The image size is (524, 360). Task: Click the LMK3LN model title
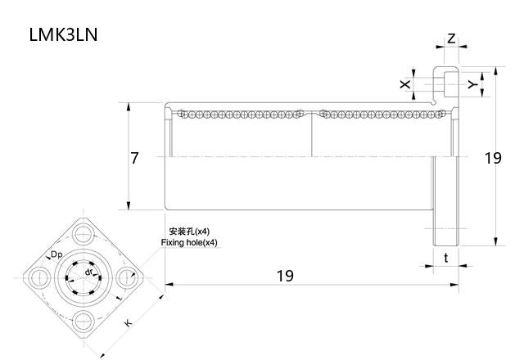pyautogui.click(x=64, y=37)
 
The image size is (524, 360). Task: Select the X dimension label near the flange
pyautogui.click(x=404, y=84)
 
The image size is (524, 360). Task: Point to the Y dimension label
pyautogui.click(x=472, y=84)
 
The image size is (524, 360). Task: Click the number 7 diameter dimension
pyautogui.click(x=135, y=158)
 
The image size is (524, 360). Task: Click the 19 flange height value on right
pyautogui.click(x=492, y=158)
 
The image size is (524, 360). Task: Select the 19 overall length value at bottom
pyautogui.click(x=285, y=276)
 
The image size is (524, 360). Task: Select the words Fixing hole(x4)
pyautogui.click(x=189, y=243)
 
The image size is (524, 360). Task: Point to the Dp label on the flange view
pyautogui.click(x=57, y=255)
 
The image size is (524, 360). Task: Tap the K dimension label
pyautogui.click(x=128, y=324)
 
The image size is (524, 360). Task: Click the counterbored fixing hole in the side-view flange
pyautogui.click(x=446, y=82)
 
